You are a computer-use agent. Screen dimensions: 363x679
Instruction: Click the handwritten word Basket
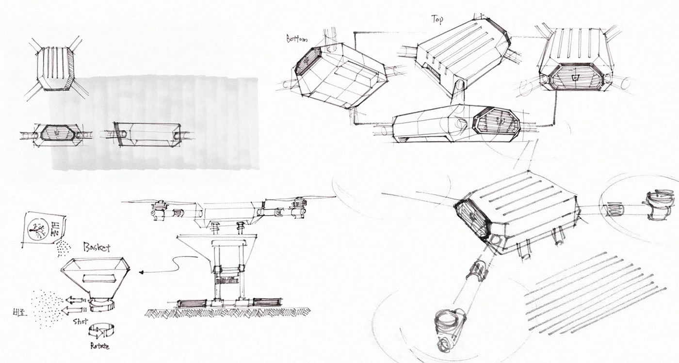97,247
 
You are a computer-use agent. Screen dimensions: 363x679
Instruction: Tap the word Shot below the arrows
81,321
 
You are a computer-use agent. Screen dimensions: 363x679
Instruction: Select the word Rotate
99,346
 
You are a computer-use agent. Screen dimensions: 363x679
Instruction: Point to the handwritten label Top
437,19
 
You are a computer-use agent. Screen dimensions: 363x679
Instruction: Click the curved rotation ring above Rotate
101,331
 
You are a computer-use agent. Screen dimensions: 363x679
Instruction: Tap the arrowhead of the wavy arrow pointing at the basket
141,272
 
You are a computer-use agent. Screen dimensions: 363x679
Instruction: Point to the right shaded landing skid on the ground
267,302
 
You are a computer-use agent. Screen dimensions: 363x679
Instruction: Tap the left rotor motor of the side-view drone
160,210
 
